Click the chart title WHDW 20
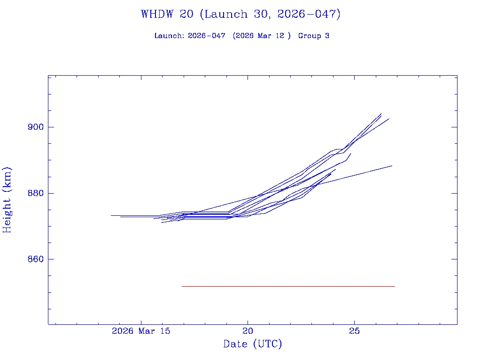point(167,14)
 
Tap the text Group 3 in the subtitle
point(314,36)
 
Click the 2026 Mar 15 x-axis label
point(141,331)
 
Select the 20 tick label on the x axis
point(248,331)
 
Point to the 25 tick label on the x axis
point(355,331)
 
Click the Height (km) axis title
point(7,199)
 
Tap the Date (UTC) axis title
point(253,345)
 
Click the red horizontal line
point(288,286)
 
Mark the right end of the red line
point(395,286)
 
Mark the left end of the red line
point(182,286)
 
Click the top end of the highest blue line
point(381,113)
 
